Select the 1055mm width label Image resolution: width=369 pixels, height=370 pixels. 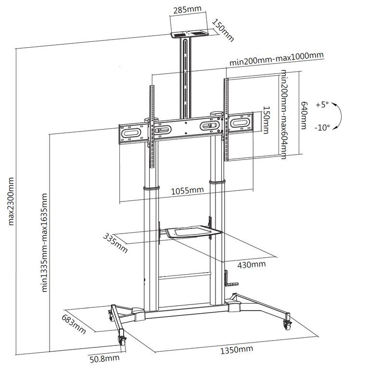[x=187, y=190]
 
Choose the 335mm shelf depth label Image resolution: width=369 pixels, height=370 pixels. [x=115, y=242]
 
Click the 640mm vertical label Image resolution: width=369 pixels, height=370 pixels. [x=304, y=115]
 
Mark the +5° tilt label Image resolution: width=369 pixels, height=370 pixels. [x=322, y=104]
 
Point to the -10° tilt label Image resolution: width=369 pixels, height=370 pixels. [x=322, y=127]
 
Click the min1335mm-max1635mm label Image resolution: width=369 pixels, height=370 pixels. [x=45, y=243]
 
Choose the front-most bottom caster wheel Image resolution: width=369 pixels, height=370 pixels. [x=120, y=341]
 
